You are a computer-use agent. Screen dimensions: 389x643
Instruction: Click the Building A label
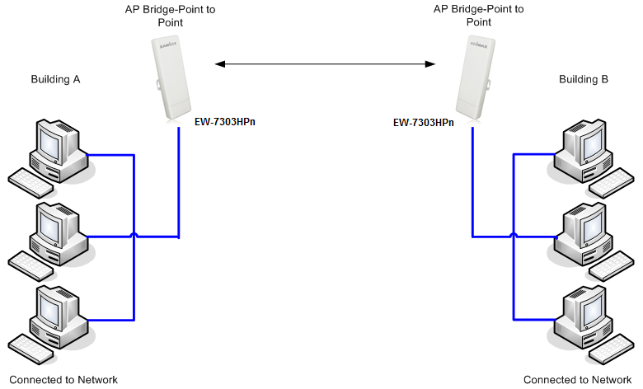coord(55,80)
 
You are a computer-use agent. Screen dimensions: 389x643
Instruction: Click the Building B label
coord(584,80)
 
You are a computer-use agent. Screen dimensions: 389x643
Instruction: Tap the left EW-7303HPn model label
coord(224,121)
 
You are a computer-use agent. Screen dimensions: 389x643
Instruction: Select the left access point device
coord(171,78)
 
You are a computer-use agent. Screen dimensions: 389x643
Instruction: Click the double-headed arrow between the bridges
coord(324,63)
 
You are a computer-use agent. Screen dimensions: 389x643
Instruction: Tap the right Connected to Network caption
coord(577,380)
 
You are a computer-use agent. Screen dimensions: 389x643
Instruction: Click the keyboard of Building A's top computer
coord(31,182)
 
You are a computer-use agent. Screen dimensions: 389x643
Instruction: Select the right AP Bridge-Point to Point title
coord(479,16)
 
